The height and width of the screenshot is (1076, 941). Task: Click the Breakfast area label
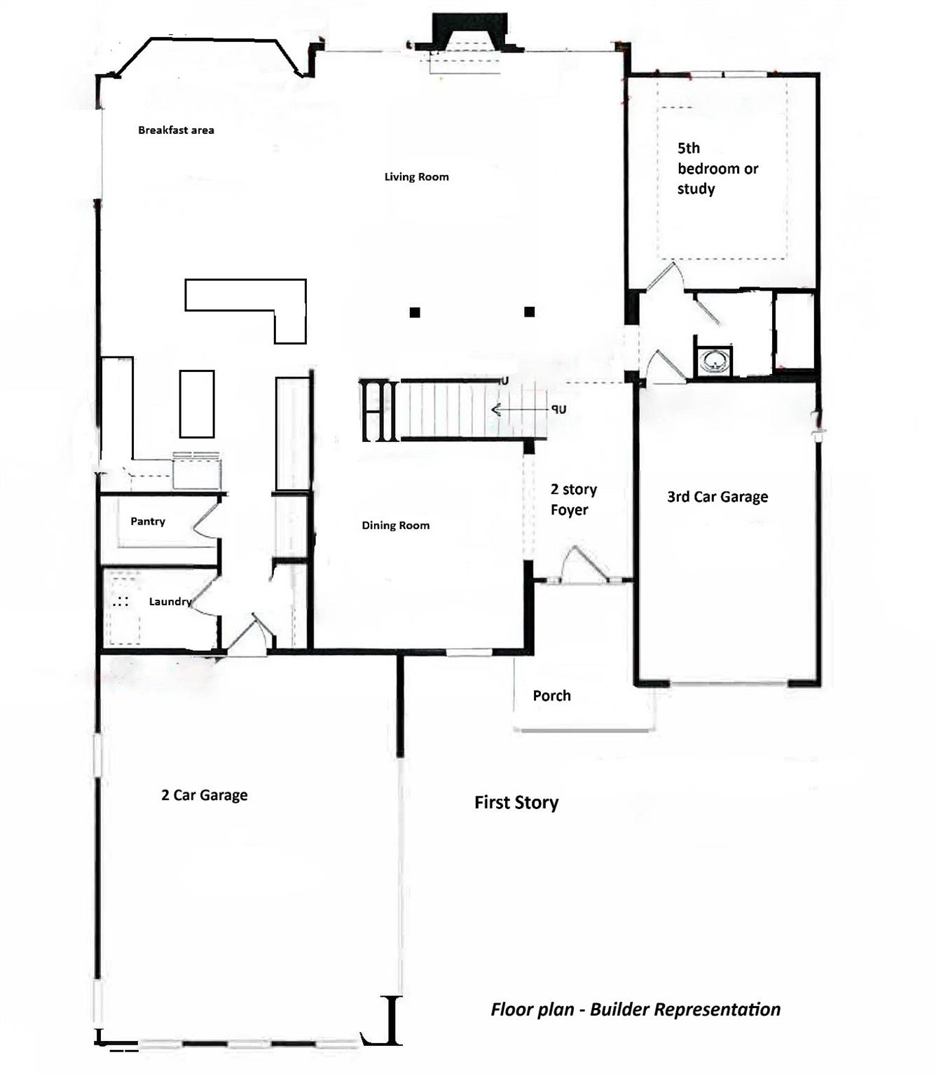[x=176, y=130]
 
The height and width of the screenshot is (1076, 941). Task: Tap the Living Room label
[x=417, y=177]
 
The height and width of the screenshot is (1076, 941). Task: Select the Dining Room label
[x=396, y=525]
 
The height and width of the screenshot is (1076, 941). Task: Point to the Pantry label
[x=148, y=521]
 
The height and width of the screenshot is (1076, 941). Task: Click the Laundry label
[x=170, y=602]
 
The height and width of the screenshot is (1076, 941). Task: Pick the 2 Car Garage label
[x=204, y=794]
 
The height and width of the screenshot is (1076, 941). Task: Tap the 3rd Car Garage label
[x=717, y=497]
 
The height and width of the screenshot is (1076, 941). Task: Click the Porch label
[x=551, y=696]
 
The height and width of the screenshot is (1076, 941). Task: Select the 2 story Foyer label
[x=573, y=499]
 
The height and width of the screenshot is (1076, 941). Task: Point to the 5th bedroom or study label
[x=717, y=168]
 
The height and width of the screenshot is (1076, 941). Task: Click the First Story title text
[x=516, y=803]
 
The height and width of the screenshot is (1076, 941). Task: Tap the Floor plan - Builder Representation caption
[x=636, y=1009]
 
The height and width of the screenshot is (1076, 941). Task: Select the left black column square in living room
[x=415, y=312]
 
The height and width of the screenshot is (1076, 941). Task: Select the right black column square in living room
[x=530, y=312]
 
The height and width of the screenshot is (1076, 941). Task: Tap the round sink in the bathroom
[x=714, y=361]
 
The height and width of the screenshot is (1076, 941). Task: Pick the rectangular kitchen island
[x=197, y=404]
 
